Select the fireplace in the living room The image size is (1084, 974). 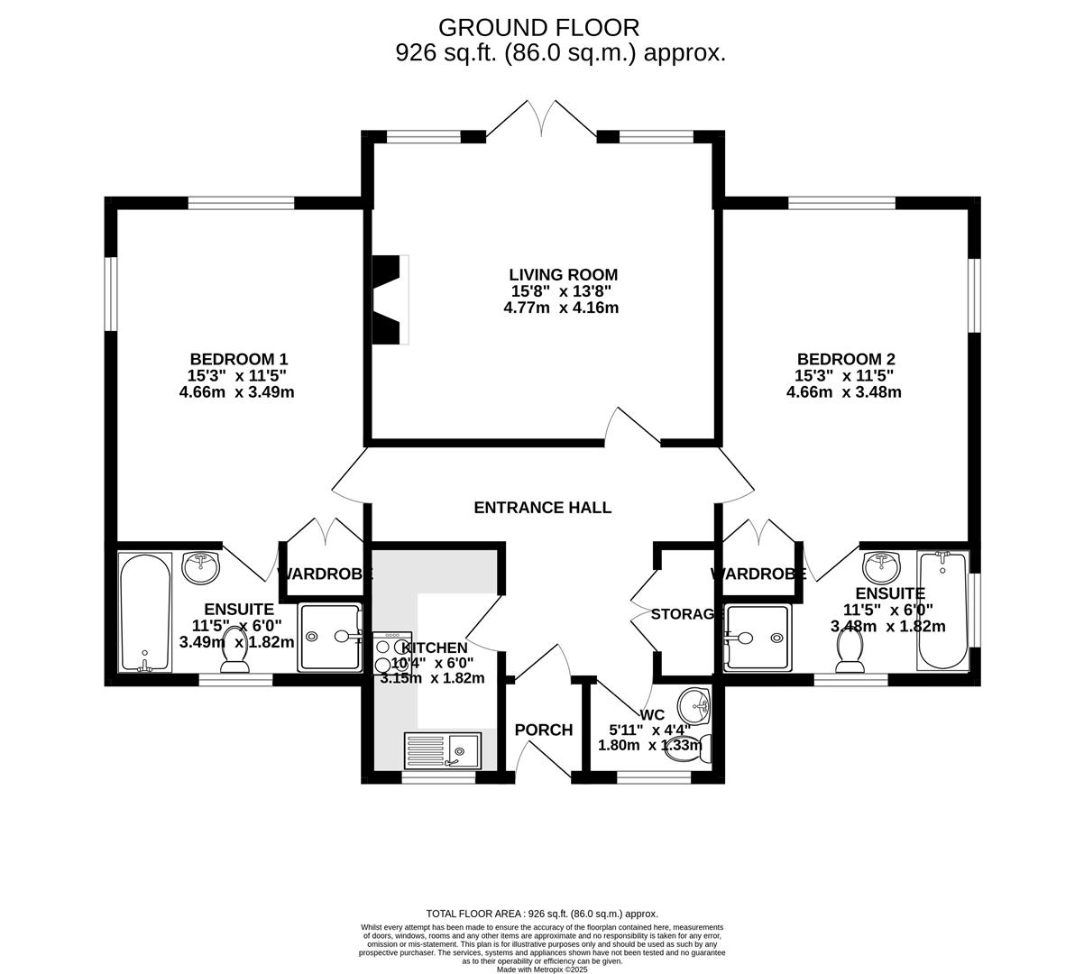[x=390, y=299]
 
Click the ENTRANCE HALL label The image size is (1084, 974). [x=542, y=508]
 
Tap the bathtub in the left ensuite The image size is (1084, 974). [x=145, y=612]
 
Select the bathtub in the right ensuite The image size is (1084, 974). [x=942, y=611]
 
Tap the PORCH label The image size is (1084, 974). [x=543, y=730]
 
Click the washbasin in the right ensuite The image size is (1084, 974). [x=881, y=567]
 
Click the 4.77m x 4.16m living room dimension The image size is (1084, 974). [x=561, y=308]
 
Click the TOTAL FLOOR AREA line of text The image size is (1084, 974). [x=542, y=914]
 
